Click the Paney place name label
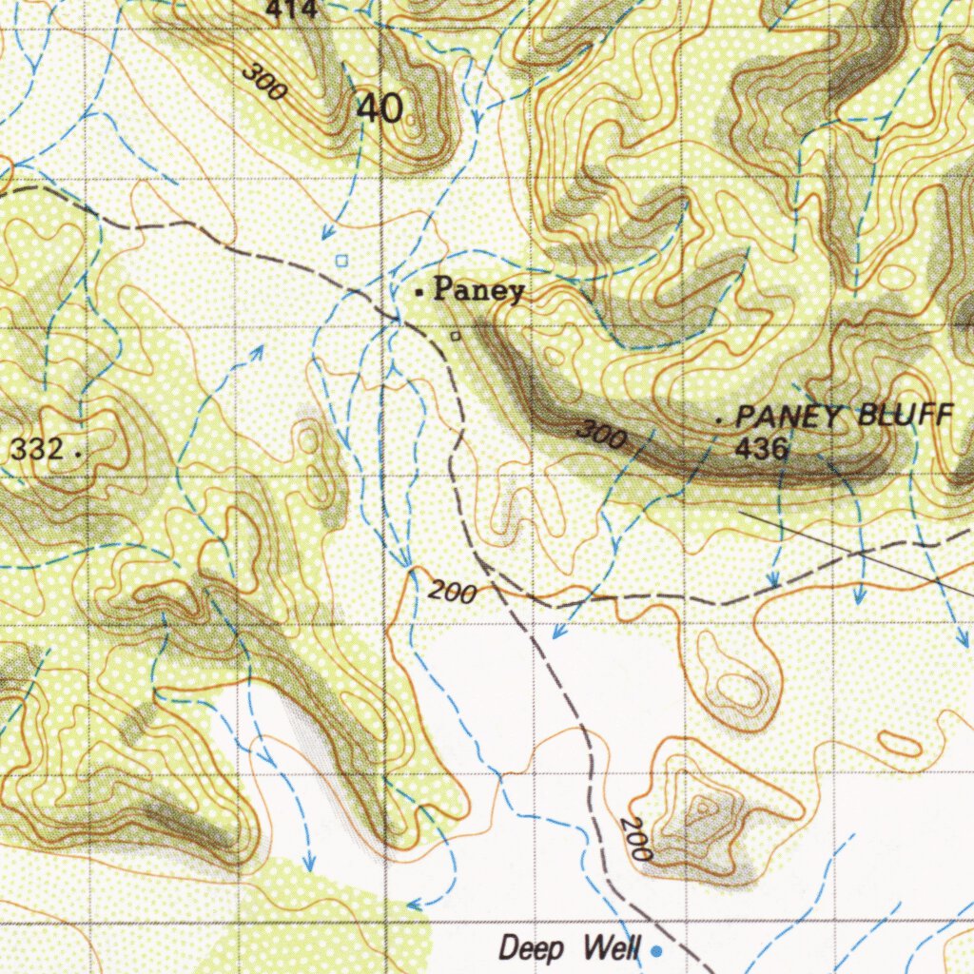(x=478, y=290)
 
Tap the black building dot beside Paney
(x=419, y=294)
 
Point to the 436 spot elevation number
(x=761, y=448)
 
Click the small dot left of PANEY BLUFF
(x=720, y=419)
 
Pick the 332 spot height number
(x=37, y=449)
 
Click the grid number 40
(x=380, y=108)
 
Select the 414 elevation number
(x=291, y=10)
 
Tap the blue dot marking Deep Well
(x=654, y=949)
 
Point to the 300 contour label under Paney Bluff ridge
(x=601, y=436)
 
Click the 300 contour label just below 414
(x=263, y=82)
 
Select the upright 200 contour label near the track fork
(x=452, y=593)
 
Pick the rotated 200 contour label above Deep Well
(x=635, y=839)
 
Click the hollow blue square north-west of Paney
(x=342, y=260)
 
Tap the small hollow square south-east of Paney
(x=456, y=335)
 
